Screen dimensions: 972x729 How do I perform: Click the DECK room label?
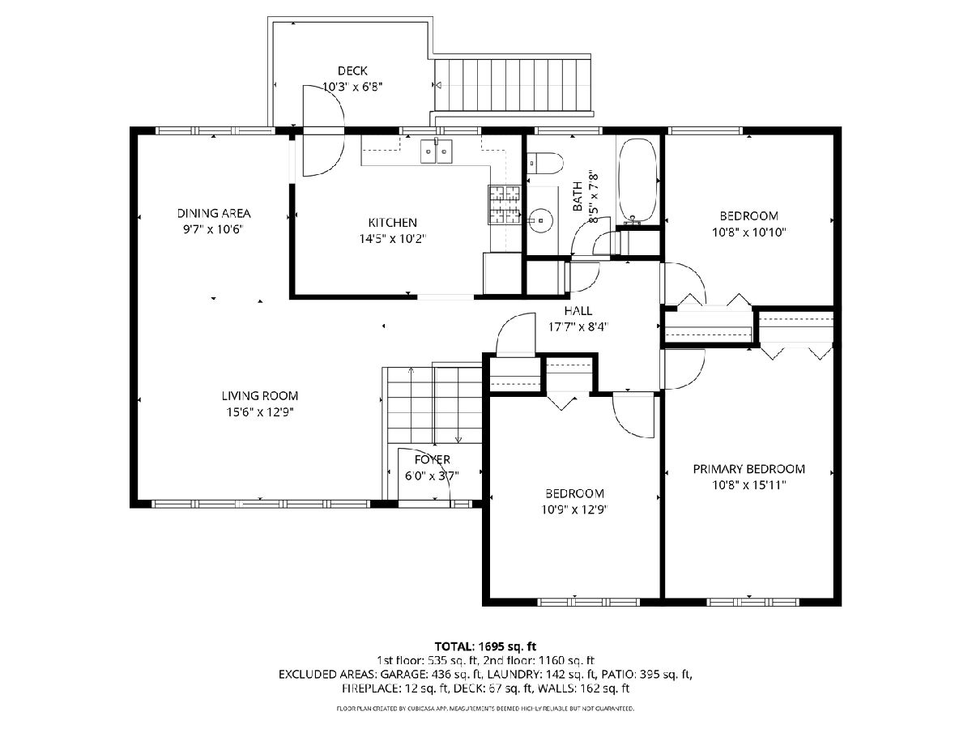click(x=352, y=70)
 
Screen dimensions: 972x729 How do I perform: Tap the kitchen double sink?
click(x=436, y=151)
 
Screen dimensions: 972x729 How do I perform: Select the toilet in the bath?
click(x=544, y=163)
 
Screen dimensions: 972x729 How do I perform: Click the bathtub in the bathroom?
click(x=637, y=180)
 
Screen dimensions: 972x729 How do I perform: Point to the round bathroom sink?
click(x=541, y=219)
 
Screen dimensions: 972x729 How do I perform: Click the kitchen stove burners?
click(x=505, y=204)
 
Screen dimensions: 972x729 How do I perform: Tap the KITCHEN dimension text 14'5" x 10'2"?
click(x=392, y=239)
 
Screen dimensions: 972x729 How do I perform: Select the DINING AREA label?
click(x=214, y=213)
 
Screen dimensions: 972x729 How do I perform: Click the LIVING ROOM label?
click(x=260, y=396)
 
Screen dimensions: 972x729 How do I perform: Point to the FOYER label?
click(x=433, y=459)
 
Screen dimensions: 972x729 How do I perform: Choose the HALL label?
click(x=578, y=311)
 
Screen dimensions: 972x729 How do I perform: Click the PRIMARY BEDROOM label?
click(x=748, y=469)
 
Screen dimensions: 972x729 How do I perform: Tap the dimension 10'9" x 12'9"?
click(x=574, y=510)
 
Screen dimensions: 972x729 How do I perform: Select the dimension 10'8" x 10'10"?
click(x=748, y=232)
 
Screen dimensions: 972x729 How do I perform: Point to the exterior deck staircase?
click(x=513, y=84)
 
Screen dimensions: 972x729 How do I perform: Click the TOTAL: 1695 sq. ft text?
click(x=485, y=646)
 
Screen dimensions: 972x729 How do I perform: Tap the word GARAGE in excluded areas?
click(x=401, y=674)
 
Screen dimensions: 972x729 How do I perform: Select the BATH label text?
click(x=578, y=196)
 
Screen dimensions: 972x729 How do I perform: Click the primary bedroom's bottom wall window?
click(x=752, y=602)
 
